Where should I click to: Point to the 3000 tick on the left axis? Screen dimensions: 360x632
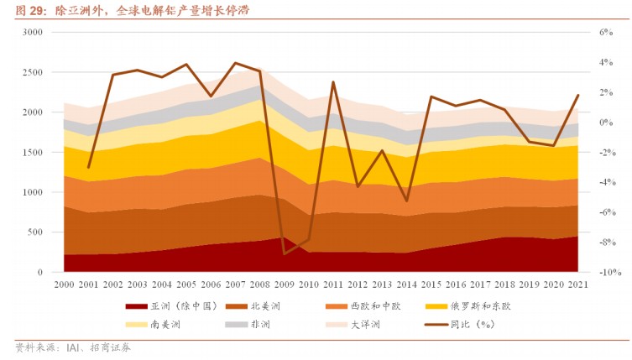[33, 32]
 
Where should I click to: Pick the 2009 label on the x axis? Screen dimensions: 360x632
[285, 286]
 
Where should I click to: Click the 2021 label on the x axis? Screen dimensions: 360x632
[578, 286]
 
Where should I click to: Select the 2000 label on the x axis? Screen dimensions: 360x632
[63, 286]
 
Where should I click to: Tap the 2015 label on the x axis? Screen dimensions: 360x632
[431, 286]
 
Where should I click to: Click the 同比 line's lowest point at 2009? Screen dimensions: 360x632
[285, 253]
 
